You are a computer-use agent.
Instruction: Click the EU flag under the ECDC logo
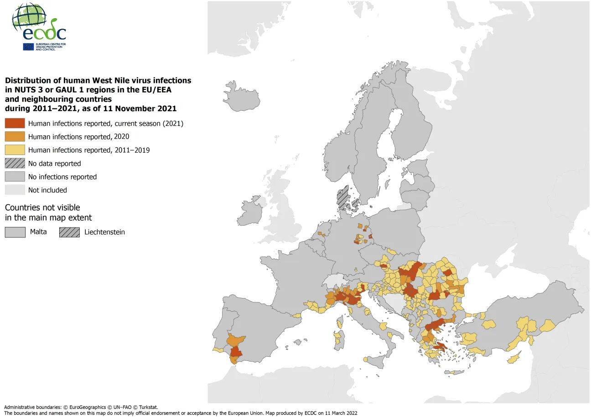click(28, 46)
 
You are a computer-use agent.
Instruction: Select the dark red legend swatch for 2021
click(15, 123)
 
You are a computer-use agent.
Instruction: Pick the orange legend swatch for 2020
click(15, 137)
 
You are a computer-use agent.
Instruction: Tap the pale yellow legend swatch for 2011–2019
click(15, 150)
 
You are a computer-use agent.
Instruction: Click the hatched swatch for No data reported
click(15, 163)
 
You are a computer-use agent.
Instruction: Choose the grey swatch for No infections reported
click(15, 177)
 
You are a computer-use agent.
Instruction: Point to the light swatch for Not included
click(15, 190)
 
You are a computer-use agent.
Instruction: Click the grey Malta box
click(15, 232)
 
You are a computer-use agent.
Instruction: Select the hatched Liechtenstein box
click(69, 232)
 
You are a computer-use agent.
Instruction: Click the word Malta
click(38, 232)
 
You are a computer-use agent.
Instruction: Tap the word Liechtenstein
click(104, 232)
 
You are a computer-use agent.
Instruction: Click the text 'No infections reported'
click(62, 177)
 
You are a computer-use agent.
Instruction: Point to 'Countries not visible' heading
click(42, 207)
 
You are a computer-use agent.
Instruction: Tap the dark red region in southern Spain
click(237, 352)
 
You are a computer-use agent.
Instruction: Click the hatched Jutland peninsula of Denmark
click(342, 198)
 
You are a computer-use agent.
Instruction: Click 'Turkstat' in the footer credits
click(146, 407)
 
